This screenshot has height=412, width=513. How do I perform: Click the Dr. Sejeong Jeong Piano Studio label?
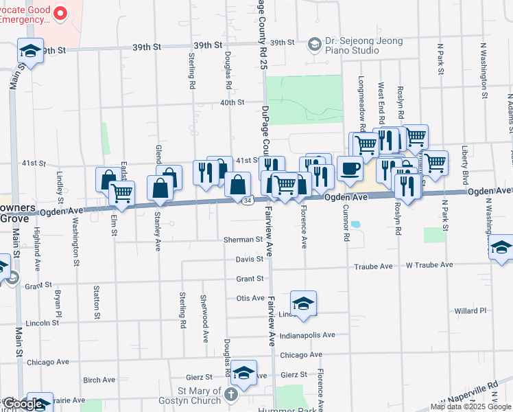[x=362, y=44]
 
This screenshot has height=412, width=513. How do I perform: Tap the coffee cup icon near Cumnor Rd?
[x=350, y=169]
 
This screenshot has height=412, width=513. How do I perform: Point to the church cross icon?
[x=230, y=396]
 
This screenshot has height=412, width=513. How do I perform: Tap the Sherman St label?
[x=243, y=240]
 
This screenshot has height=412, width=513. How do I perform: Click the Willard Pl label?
[x=470, y=310]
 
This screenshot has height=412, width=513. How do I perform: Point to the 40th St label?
[x=232, y=102]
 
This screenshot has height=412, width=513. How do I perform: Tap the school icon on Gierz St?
[x=243, y=372]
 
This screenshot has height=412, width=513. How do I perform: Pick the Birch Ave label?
[x=99, y=380]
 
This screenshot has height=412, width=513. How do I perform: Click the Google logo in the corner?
[x=22, y=404]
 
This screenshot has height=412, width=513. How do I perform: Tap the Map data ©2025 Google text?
[x=470, y=407]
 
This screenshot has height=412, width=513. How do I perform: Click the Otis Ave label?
[x=250, y=298]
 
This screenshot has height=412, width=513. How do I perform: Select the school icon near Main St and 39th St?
[x=30, y=50]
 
